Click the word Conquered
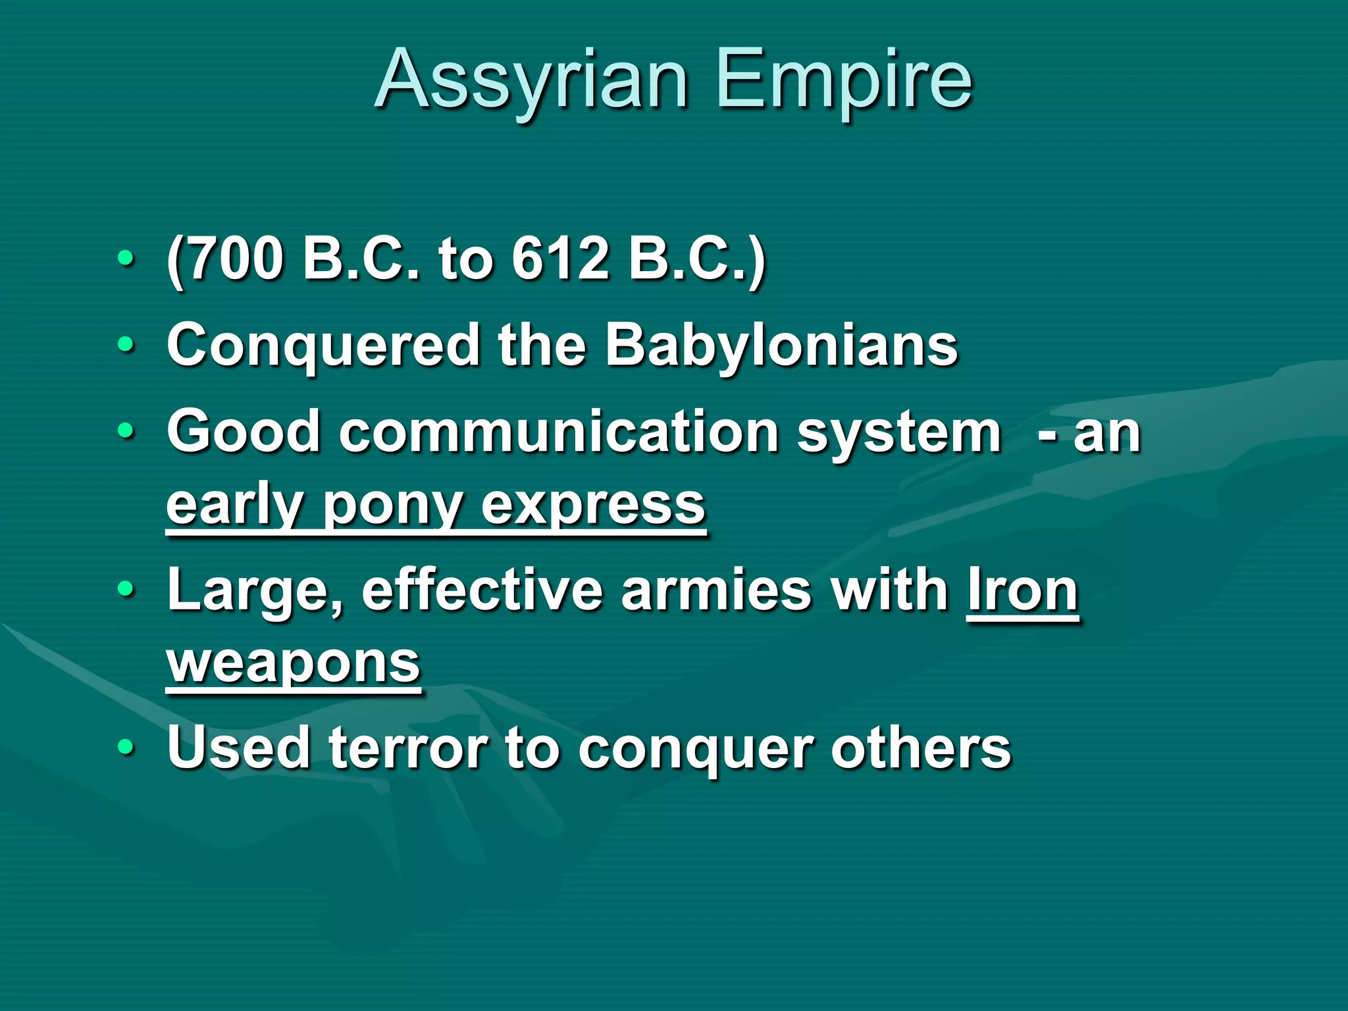pyautogui.click(x=323, y=346)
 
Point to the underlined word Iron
pyautogui.click(x=1022, y=590)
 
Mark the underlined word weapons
pyautogui.click(x=293, y=663)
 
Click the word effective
pyautogui.click(x=481, y=590)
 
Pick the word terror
pyautogui.click(x=408, y=748)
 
